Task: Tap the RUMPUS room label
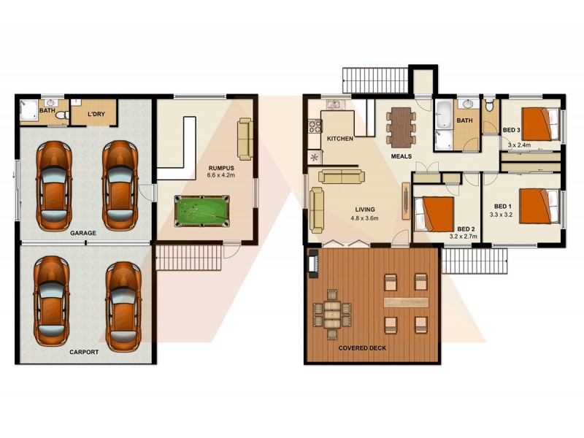click(x=221, y=167)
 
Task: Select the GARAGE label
click(x=84, y=234)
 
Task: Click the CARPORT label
click(x=84, y=351)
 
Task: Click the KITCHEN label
click(x=340, y=138)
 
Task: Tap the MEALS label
click(x=401, y=155)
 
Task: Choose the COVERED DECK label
click(x=363, y=347)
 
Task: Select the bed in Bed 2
click(x=437, y=212)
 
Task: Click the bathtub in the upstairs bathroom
click(x=444, y=114)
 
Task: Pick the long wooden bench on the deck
click(x=405, y=301)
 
